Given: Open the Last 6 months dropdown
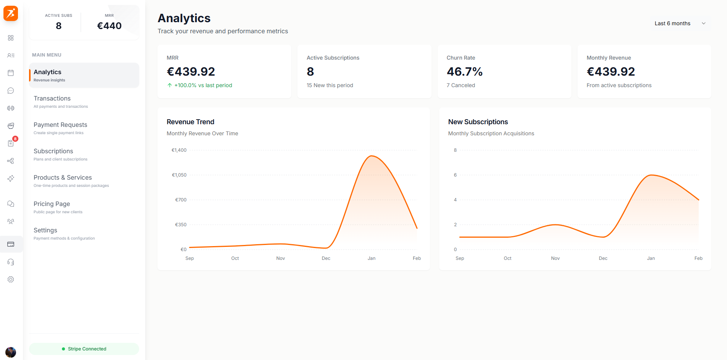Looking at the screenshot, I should click(x=680, y=23).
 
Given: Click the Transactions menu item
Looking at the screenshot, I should click(x=52, y=99).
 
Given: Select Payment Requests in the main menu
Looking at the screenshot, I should click(x=60, y=125).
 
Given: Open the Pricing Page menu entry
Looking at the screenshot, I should click(x=52, y=204).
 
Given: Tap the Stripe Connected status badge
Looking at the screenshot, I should click(x=84, y=349).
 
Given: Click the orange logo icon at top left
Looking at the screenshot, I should click(x=11, y=13).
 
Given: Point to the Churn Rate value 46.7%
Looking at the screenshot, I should click(x=464, y=72).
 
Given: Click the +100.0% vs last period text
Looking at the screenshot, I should click(x=203, y=85).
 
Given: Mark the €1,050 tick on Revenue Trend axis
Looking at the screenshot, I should click(x=179, y=175).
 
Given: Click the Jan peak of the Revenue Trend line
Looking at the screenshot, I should click(x=372, y=156).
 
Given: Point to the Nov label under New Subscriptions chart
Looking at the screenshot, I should click(x=555, y=258).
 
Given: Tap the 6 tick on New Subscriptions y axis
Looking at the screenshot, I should click(x=455, y=175).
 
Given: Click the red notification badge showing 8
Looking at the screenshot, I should click(x=15, y=139).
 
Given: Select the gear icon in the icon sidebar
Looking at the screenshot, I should click(x=11, y=279).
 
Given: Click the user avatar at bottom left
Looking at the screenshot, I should click(x=11, y=352).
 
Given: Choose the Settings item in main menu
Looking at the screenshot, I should click(x=45, y=230).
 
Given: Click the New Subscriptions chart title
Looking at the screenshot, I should click(x=478, y=122).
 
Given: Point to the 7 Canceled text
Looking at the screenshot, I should click(x=461, y=85).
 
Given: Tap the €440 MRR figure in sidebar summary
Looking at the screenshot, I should click(x=109, y=26).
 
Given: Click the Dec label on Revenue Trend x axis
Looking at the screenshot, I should click(x=326, y=258).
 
